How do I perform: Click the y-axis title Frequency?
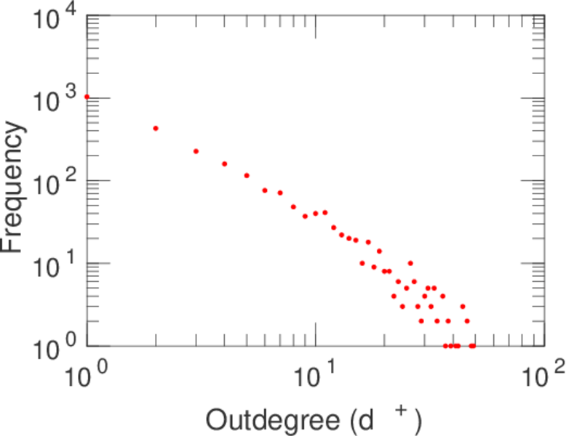coord(15,187)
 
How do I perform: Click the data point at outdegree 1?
coord(87,97)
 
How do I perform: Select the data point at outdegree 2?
coord(156,129)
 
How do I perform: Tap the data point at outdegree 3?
coord(196,151)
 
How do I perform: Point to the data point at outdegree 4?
coord(225,163)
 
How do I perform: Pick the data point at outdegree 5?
coord(247,175)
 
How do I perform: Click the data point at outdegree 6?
coord(265,190)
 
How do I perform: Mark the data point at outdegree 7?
coord(280,193)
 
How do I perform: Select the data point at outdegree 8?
coord(294,206)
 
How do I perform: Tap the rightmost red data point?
coord(473,346)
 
